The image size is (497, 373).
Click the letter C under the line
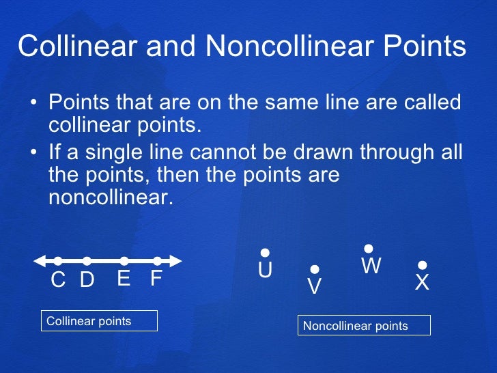point(59,280)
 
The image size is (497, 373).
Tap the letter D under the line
point(87,280)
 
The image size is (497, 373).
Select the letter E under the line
point(124,279)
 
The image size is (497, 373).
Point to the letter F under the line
point(156,279)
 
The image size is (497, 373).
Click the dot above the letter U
point(265,253)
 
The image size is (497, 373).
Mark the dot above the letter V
point(315,270)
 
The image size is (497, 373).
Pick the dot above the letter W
point(369,249)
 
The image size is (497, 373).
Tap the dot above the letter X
point(423,264)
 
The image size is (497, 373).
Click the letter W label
point(371,266)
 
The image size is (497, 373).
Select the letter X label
point(423,282)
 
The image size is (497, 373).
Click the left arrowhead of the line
point(38,260)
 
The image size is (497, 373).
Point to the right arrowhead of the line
point(177,260)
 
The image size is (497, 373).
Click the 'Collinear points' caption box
point(99,321)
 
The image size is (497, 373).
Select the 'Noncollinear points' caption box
point(365,326)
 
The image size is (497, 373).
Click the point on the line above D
point(87,260)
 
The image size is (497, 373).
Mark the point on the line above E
point(124,260)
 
